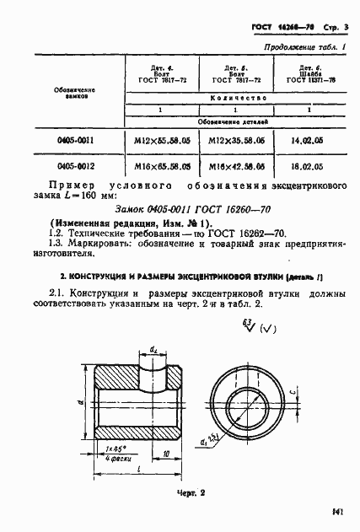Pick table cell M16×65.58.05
159,167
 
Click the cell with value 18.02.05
308,167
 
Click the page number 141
340,511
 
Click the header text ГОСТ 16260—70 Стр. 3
304,28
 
